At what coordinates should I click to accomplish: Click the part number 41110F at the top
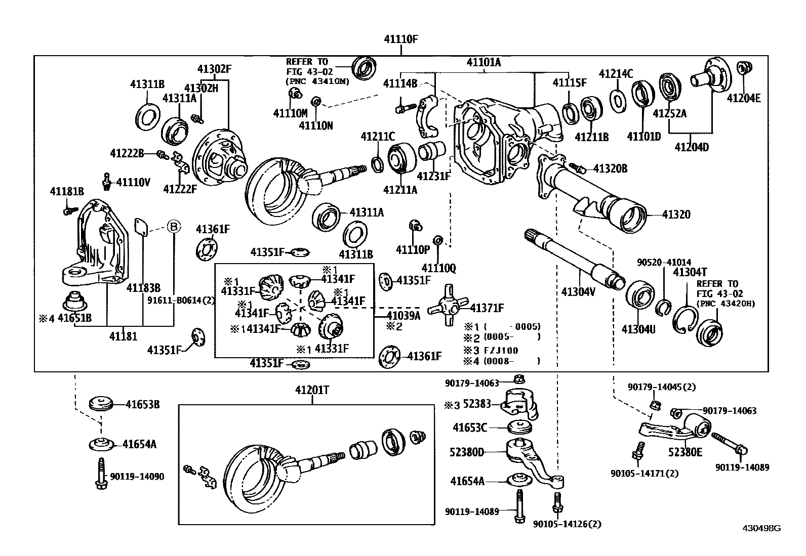click(401, 39)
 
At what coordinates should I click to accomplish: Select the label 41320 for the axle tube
click(676, 215)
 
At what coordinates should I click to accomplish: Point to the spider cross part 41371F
click(446, 307)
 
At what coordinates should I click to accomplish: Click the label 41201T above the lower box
click(312, 391)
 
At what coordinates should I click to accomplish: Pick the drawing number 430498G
click(761, 528)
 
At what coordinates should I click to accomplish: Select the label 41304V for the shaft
click(578, 291)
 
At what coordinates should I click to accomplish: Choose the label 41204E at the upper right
click(743, 98)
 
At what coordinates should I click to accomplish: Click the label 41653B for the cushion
click(143, 404)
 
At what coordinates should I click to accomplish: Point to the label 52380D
click(467, 452)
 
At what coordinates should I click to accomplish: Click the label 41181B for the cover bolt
click(66, 191)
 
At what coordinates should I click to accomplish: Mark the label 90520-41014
click(664, 263)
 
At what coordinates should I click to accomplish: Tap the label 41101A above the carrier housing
click(483, 62)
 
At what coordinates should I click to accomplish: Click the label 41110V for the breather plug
click(133, 182)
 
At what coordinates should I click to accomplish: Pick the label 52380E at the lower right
click(685, 452)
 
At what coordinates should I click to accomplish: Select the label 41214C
click(616, 74)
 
